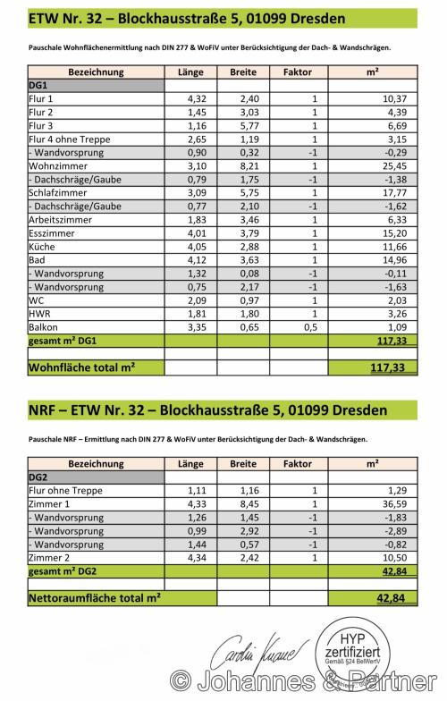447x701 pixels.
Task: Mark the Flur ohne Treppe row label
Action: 67,492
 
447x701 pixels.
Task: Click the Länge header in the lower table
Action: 190,464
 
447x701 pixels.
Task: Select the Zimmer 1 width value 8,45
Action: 242,505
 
